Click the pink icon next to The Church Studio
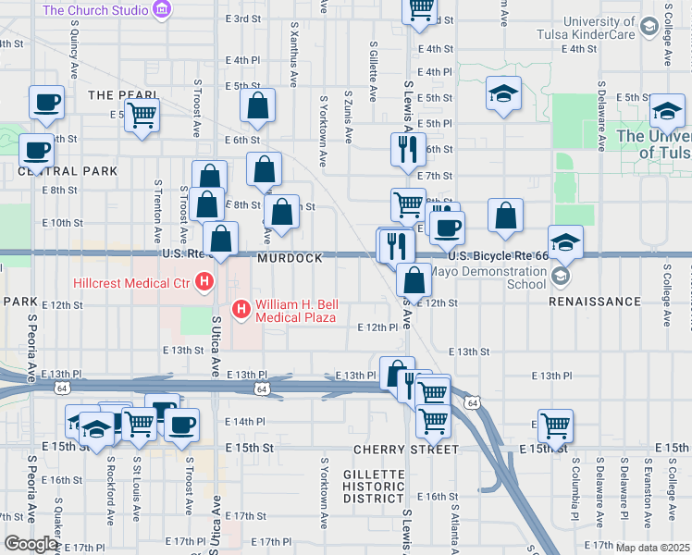163,10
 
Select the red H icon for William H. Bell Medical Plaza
241,308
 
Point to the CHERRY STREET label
406,450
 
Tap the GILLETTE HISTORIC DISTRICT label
374,487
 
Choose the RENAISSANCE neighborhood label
595,302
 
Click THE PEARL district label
118,95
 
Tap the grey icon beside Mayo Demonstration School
560,277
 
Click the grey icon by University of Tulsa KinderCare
649,28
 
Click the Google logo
31,543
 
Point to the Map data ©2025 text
652,548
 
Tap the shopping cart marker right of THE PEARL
142,116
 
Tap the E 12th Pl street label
377,327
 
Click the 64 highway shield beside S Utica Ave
263,389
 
